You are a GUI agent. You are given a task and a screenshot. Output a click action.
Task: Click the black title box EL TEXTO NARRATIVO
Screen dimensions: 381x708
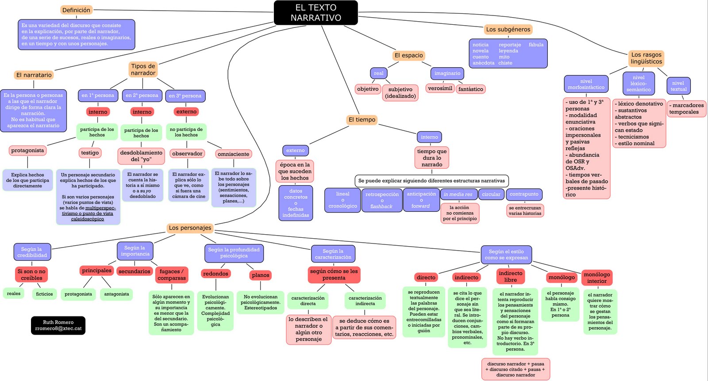[x=316, y=13]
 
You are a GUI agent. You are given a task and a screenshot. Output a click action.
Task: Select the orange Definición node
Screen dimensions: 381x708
[x=76, y=10]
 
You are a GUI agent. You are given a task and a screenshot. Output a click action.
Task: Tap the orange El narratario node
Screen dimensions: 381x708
[x=34, y=75]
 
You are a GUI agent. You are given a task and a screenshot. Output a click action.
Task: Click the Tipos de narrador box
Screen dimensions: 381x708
[x=143, y=69]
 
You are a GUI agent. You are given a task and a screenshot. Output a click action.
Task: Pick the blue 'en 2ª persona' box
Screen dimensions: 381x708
[x=142, y=95]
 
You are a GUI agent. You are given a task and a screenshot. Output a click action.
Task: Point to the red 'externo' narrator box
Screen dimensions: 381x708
[x=186, y=112]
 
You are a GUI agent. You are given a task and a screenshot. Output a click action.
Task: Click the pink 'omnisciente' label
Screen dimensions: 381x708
[x=234, y=154]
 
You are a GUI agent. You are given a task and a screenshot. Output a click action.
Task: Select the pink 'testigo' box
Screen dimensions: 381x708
[x=90, y=153]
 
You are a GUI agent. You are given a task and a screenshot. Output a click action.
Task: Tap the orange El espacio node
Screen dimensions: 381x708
[x=408, y=56]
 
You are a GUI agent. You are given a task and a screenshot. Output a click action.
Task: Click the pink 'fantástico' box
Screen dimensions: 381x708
[x=470, y=89]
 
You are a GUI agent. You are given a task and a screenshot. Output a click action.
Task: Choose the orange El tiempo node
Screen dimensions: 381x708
[x=362, y=120]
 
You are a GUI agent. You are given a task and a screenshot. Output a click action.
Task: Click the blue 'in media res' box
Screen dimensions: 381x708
[x=458, y=194]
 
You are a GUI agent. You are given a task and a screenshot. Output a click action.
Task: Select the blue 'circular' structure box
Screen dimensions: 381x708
[x=491, y=194]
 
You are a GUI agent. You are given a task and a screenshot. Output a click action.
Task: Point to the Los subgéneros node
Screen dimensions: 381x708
[x=508, y=30]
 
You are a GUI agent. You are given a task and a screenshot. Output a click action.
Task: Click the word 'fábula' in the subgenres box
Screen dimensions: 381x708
[x=536, y=45]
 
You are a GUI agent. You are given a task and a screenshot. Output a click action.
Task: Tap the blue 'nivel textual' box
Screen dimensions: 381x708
[x=678, y=86]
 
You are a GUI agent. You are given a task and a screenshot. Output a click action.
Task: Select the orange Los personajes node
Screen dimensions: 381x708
[x=190, y=228]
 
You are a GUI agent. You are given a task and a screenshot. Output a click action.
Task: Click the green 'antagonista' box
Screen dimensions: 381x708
[x=116, y=294]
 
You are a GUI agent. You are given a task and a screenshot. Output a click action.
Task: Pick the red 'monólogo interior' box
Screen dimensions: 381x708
[x=596, y=278]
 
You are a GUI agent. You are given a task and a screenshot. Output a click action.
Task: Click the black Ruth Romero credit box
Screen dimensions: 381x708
[x=58, y=325]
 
